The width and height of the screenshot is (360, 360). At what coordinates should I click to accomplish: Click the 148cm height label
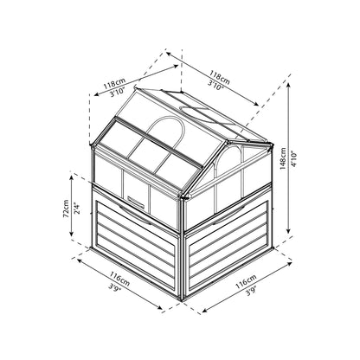coord(283,158)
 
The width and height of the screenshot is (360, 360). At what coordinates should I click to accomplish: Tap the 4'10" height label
coord(293,159)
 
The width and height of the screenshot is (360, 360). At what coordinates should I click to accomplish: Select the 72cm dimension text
coord(66,209)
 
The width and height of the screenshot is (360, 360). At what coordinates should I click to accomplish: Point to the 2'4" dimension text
coord(76,209)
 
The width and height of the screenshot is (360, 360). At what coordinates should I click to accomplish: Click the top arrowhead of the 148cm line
coord(288,85)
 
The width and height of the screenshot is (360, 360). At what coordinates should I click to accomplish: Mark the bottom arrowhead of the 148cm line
coord(288,230)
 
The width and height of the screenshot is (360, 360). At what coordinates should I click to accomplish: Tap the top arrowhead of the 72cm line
coord(71,177)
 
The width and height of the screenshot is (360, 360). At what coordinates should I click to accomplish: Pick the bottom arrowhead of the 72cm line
coord(71,233)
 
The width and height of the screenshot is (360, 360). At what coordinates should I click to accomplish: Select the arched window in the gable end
coord(228,160)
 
